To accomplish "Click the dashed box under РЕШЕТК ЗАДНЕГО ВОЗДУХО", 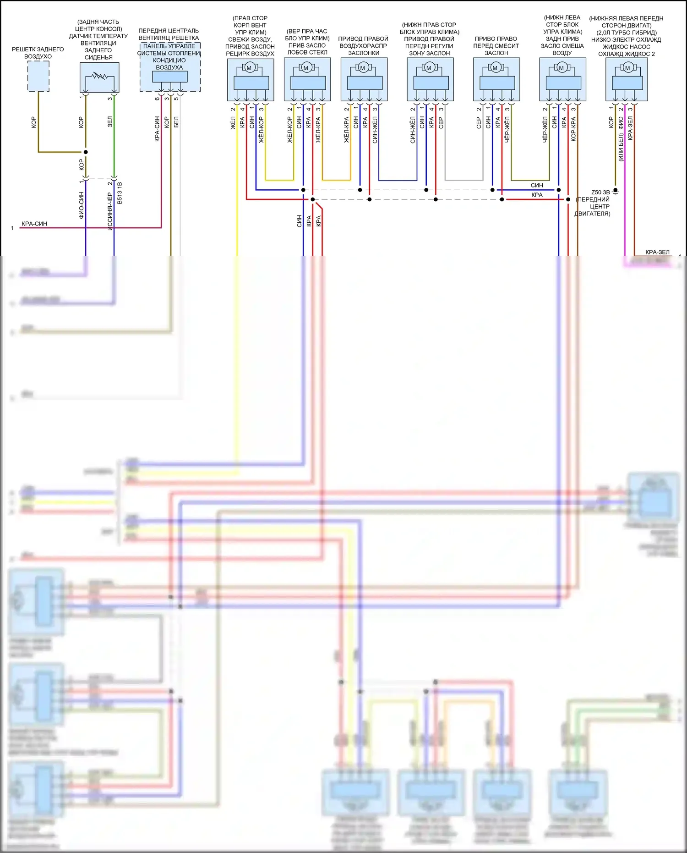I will [38, 77].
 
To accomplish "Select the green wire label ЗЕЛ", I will [110, 122].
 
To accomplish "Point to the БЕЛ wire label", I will [176, 122].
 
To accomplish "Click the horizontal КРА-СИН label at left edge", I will [34, 224].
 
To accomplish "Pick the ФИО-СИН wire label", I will [82, 205].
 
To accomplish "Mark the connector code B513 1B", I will [120, 193].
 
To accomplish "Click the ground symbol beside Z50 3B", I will [616, 191].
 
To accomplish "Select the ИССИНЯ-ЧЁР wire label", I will [110, 211].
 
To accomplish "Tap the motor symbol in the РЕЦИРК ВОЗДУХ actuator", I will [249, 68].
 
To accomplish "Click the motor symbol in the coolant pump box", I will [627, 68].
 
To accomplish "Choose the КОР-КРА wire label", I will [573, 129].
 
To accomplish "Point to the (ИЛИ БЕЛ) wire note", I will [621, 147].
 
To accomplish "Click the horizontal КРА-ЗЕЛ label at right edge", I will [657, 252].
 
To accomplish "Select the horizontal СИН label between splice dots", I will [537, 185].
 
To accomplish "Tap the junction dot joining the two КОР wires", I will [86, 152].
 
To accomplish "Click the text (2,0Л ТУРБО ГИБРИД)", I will [626, 33].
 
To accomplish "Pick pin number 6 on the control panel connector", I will [157, 99].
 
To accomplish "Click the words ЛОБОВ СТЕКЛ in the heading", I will [307, 52].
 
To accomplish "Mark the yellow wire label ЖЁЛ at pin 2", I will [233, 123].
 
